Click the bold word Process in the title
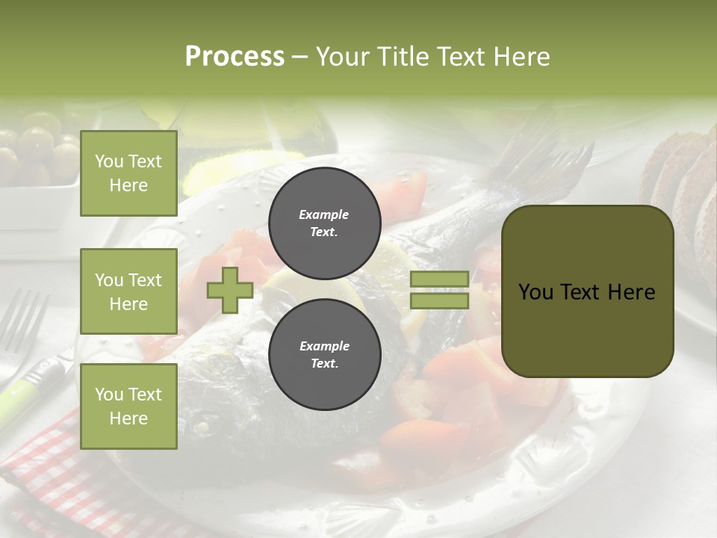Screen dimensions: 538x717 pos(235,56)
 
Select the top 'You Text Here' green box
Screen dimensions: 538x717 pos(128,173)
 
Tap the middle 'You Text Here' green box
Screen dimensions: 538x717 pos(128,291)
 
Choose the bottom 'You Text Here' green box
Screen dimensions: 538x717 pos(128,406)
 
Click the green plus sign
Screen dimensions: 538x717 pos(230,290)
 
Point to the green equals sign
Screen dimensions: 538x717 pos(439,290)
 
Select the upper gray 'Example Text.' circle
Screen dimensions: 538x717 pos(324,223)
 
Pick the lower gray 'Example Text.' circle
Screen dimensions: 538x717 pos(324,354)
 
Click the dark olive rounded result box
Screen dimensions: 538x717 pos(587,291)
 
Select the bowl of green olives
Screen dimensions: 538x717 pos(37,153)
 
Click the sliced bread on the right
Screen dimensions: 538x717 pos(683,194)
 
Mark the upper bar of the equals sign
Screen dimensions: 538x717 pos(439,279)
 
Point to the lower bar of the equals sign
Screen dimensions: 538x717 pos(439,301)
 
